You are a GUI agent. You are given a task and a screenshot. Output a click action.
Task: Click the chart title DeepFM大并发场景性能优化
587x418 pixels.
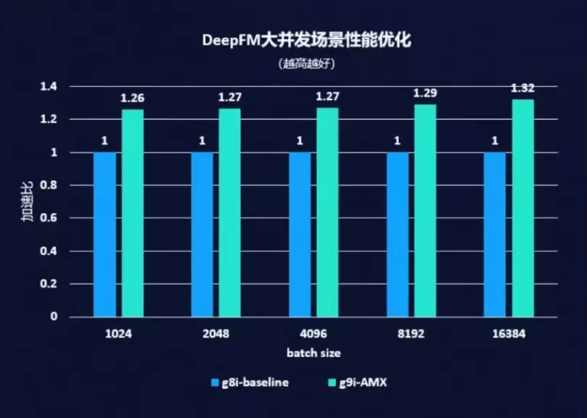click(x=305, y=41)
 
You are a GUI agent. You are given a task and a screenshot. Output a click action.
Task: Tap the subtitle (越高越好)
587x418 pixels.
click(x=305, y=63)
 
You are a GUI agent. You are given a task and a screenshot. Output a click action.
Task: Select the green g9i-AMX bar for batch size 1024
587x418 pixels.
click(x=132, y=213)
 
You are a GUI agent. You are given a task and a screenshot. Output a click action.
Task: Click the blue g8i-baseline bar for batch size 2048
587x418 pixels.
click(x=203, y=234)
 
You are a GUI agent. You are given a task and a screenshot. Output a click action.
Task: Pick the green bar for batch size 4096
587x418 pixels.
click(x=327, y=212)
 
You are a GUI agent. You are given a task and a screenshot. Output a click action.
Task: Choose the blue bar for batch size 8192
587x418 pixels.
click(x=397, y=234)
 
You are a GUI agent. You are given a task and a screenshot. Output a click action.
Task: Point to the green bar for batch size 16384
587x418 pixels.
click(x=523, y=208)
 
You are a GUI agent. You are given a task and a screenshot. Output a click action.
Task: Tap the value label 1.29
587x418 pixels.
click(x=424, y=93)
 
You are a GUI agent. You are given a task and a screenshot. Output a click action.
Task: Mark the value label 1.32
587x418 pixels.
click(x=523, y=88)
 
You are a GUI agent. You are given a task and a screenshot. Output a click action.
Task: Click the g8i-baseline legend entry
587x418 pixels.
click(x=250, y=382)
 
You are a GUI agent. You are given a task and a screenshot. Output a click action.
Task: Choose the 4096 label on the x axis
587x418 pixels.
click(x=313, y=335)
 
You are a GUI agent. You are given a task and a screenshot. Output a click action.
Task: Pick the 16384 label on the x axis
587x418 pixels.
click(x=509, y=335)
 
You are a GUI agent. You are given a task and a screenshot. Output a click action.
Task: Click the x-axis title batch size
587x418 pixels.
click(x=313, y=353)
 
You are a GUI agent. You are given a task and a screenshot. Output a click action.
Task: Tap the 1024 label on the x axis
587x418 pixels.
click(x=118, y=335)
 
